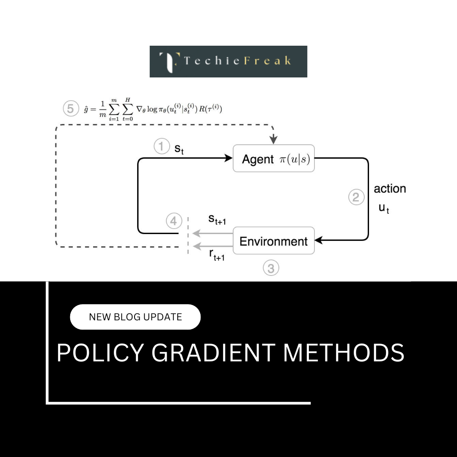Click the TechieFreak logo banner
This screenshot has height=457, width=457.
pos(228,61)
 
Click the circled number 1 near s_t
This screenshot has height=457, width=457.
pos(161,147)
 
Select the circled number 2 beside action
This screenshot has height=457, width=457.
pos(356,197)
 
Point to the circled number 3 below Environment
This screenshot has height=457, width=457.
pos(271,268)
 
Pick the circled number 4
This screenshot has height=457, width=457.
pos(174,221)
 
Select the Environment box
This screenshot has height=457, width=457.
pos(273,241)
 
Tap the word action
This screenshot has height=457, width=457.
pos(390,189)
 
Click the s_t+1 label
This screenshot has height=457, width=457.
pos(217,220)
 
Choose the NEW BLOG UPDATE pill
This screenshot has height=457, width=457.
pos(135,317)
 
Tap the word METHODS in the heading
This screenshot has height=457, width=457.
pos(344,352)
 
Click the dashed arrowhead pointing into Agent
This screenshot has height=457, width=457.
pos(274,139)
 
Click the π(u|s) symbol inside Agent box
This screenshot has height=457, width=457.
pos(295,160)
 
